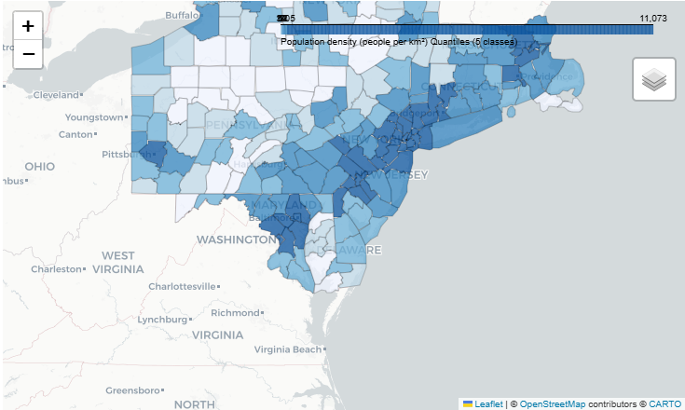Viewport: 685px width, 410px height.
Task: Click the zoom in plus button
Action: (28, 26)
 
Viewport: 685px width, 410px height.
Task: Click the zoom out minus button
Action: (28, 54)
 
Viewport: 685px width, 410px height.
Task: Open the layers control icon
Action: (653, 79)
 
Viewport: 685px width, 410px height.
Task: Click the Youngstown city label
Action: (93, 117)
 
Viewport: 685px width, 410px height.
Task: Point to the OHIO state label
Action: (39, 166)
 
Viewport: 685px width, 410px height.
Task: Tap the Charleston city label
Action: (56, 268)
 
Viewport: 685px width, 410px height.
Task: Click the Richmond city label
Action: (234, 313)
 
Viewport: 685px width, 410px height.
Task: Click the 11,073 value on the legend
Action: (652, 18)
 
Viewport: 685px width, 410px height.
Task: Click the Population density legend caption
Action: (398, 42)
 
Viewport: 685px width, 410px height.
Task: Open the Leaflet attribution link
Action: (488, 403)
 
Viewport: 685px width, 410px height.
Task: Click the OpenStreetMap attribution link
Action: (553, 403)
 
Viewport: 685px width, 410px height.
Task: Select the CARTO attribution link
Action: (665, 403)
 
